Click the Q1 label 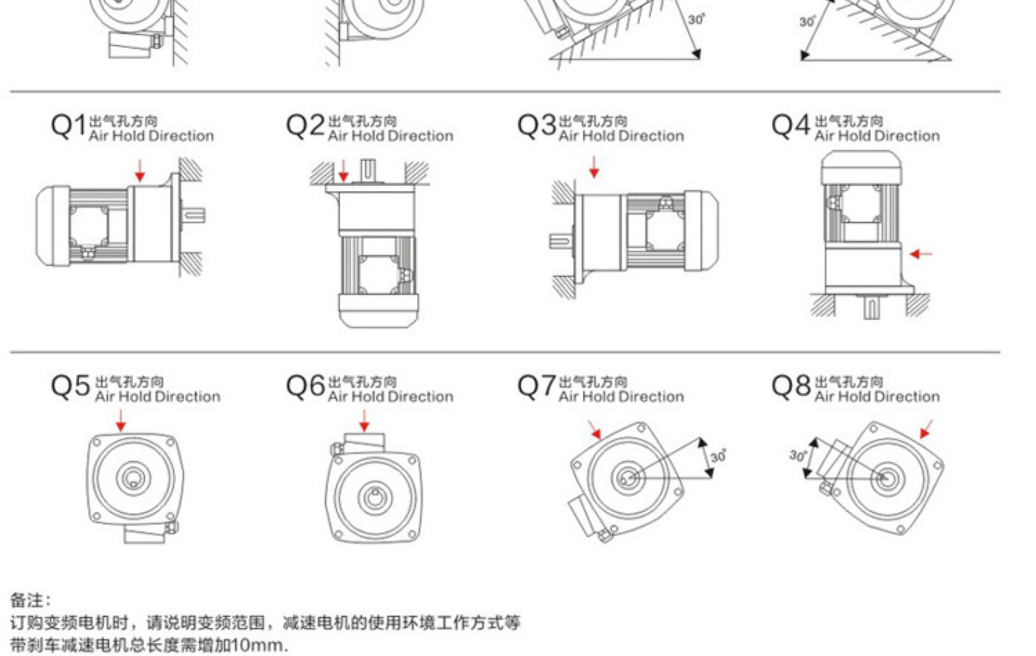click(x=68, y=125)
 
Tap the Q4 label click(x=791, y=125)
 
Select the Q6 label click(x=305, y=386)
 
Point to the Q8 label click(x=791, y=386)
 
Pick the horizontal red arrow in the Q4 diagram click(x=921, y=253)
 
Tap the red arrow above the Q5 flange click(x=121, y=420)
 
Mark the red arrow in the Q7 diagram click(x=595, y=430)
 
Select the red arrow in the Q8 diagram click(x=926, y=429)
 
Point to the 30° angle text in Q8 click(x=798, y=455)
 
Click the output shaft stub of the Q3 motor click(x=559, y=241)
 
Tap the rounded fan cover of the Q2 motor click(x=378, y=311)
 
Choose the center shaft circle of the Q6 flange click(x=374, y=497)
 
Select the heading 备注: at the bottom click(x=30, y=600)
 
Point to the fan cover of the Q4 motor click(x=861, y=166)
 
